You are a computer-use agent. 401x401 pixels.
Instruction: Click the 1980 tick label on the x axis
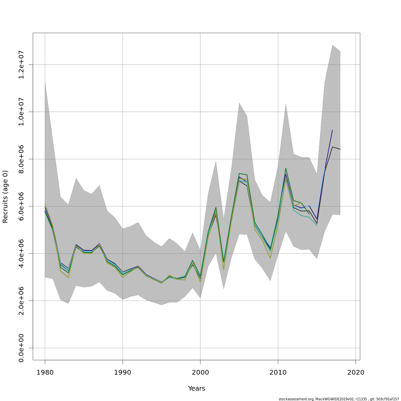[45, 372]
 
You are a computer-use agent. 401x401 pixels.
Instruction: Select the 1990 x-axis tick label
[123, 372]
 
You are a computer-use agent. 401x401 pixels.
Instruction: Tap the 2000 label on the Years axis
[200, 372]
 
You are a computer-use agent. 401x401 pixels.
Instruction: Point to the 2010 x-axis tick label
[278, 372]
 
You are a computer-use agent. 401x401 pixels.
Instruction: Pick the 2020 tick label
[356, 372]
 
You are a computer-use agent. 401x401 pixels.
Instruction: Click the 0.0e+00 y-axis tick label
[21, 348]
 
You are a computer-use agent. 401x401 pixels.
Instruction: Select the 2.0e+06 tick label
[21, 301]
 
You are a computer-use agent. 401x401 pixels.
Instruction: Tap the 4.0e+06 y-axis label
[21, 254]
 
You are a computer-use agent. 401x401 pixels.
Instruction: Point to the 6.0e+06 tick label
[21, 206]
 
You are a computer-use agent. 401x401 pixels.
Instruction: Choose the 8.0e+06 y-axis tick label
[21, 159]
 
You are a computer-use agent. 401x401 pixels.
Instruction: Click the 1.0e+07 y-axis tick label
[21, 112]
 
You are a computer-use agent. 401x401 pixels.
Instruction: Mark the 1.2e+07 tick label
[21, 64]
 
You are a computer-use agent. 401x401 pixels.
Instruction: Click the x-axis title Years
[196, 388]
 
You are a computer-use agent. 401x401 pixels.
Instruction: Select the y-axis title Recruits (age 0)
[5, 196]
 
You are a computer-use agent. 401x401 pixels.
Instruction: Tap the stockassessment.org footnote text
[339, 399]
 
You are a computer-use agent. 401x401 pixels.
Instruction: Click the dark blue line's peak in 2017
[332, 130]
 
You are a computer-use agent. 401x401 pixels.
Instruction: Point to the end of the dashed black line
[340, 149]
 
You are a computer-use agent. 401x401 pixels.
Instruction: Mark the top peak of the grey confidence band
[332, 45]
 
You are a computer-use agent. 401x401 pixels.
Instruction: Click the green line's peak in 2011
[286, 168]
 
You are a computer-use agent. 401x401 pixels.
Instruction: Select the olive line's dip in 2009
[270, 258]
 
